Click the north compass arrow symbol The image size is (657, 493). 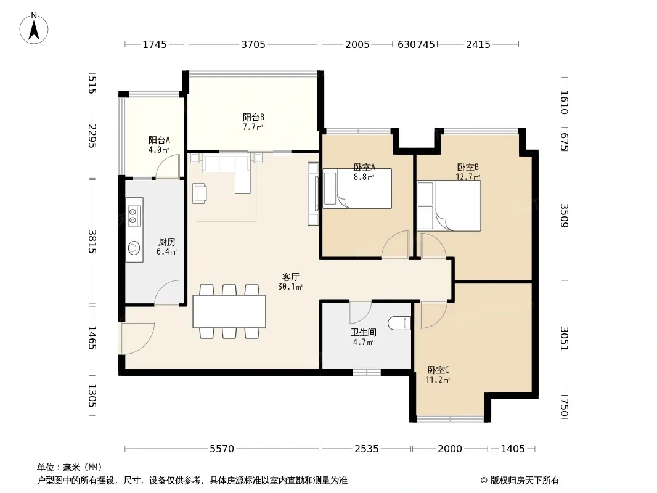pyautogui.click(x=34, y=28)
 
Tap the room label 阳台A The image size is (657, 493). pyautogui.click(x=159, y=140)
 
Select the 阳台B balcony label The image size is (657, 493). pyautogui.click(x=253, y=117)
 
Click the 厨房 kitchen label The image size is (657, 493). pyautogui.click(x=167, y=242)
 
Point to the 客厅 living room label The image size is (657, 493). pyautogui.click(x=290, y=277)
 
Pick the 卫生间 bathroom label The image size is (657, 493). pyautogui.click(x=363, y=333)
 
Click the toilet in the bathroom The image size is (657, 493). pyautogui.click(x=399, y=324)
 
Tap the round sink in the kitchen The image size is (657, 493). pyautogui.click(x=134, y=248)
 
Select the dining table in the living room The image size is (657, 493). pyautogui.click(x=229, y=311)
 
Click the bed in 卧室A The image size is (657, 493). pyautogui.click(x=357, y=189)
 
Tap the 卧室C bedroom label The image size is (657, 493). pyautogui.click(x=438, y=370)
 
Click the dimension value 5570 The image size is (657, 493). pyautogui.click(x=222, y=449)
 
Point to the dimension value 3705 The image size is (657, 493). pyautogui.click(x=253, y=44)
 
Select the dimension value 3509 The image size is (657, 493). pyautogui.click(x=564, y=215)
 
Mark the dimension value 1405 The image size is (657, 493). pyautogui.click(x=513, y=449)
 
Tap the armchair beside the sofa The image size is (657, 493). pyautogui.click(x=200, y=194)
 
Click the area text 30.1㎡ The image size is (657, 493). pyautogui.click(x=290, y=287)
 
